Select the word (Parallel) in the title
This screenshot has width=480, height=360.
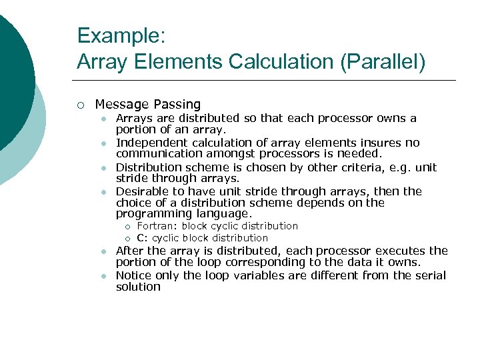(x=383, y=62)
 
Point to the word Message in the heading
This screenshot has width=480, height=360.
(x=122, y=105)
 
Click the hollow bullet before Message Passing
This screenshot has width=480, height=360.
(x=81, y=105)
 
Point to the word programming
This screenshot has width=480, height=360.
(x=153, y=214)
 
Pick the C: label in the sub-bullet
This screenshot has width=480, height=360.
(x=143, y=238)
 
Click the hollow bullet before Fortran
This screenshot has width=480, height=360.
(x=127, y=227)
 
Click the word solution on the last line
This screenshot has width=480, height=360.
(x=138, y=287)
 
